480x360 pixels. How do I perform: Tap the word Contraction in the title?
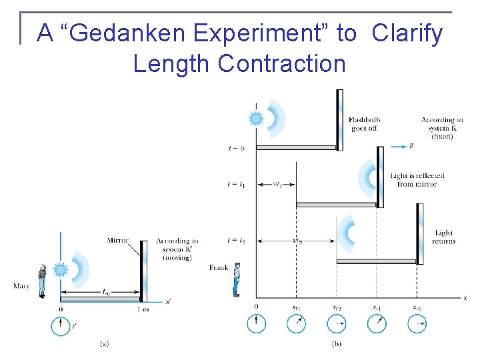coord(281,63)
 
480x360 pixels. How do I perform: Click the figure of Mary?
coord(42,281)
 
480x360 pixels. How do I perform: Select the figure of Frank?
coord(236,279)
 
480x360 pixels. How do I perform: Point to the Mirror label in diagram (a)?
coord(118,240)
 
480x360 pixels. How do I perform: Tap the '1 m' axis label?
coord(143,309)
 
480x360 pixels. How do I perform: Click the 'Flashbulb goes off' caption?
coord(364,124)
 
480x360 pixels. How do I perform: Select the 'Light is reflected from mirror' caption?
coord(417,180)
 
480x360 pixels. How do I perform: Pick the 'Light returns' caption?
coord(443,237)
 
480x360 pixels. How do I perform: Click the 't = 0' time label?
coord(235,148)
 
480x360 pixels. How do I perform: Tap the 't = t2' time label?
coord(235,240)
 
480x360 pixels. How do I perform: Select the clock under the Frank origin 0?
coord(256,324)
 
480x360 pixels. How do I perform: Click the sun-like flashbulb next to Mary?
coord(61,270)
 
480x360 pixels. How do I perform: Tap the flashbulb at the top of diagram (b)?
coord(255,119)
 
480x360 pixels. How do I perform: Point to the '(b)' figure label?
coord(337,344)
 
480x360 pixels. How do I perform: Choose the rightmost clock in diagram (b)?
coord(417,324)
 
